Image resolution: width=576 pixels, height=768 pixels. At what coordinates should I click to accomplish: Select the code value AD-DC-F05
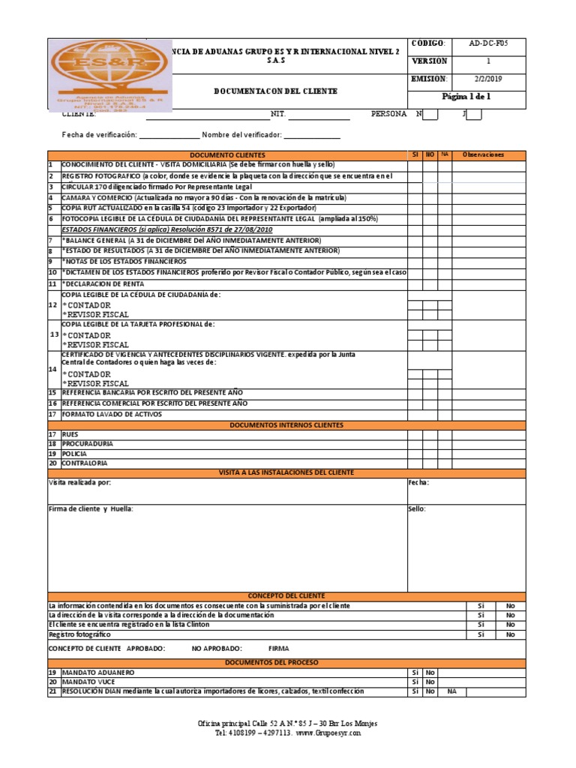[487, 44]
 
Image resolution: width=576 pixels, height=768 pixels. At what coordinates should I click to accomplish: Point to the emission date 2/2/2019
[487, 79]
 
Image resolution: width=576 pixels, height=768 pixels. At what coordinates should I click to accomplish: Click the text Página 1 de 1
[466, 97]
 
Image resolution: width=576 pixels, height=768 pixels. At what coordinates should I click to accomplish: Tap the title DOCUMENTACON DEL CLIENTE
[275, 91]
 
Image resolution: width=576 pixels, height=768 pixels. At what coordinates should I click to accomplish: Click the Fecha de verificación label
[99, 134]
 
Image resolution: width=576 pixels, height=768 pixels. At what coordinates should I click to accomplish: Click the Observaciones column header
[484, 154]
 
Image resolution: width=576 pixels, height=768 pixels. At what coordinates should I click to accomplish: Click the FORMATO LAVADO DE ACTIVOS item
[112, 414]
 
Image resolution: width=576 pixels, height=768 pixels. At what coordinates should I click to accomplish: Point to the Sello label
[417, 508]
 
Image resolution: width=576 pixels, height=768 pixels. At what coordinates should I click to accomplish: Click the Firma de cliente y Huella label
[91, 508]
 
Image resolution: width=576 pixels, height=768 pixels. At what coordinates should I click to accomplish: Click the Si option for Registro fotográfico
[481, 634]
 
